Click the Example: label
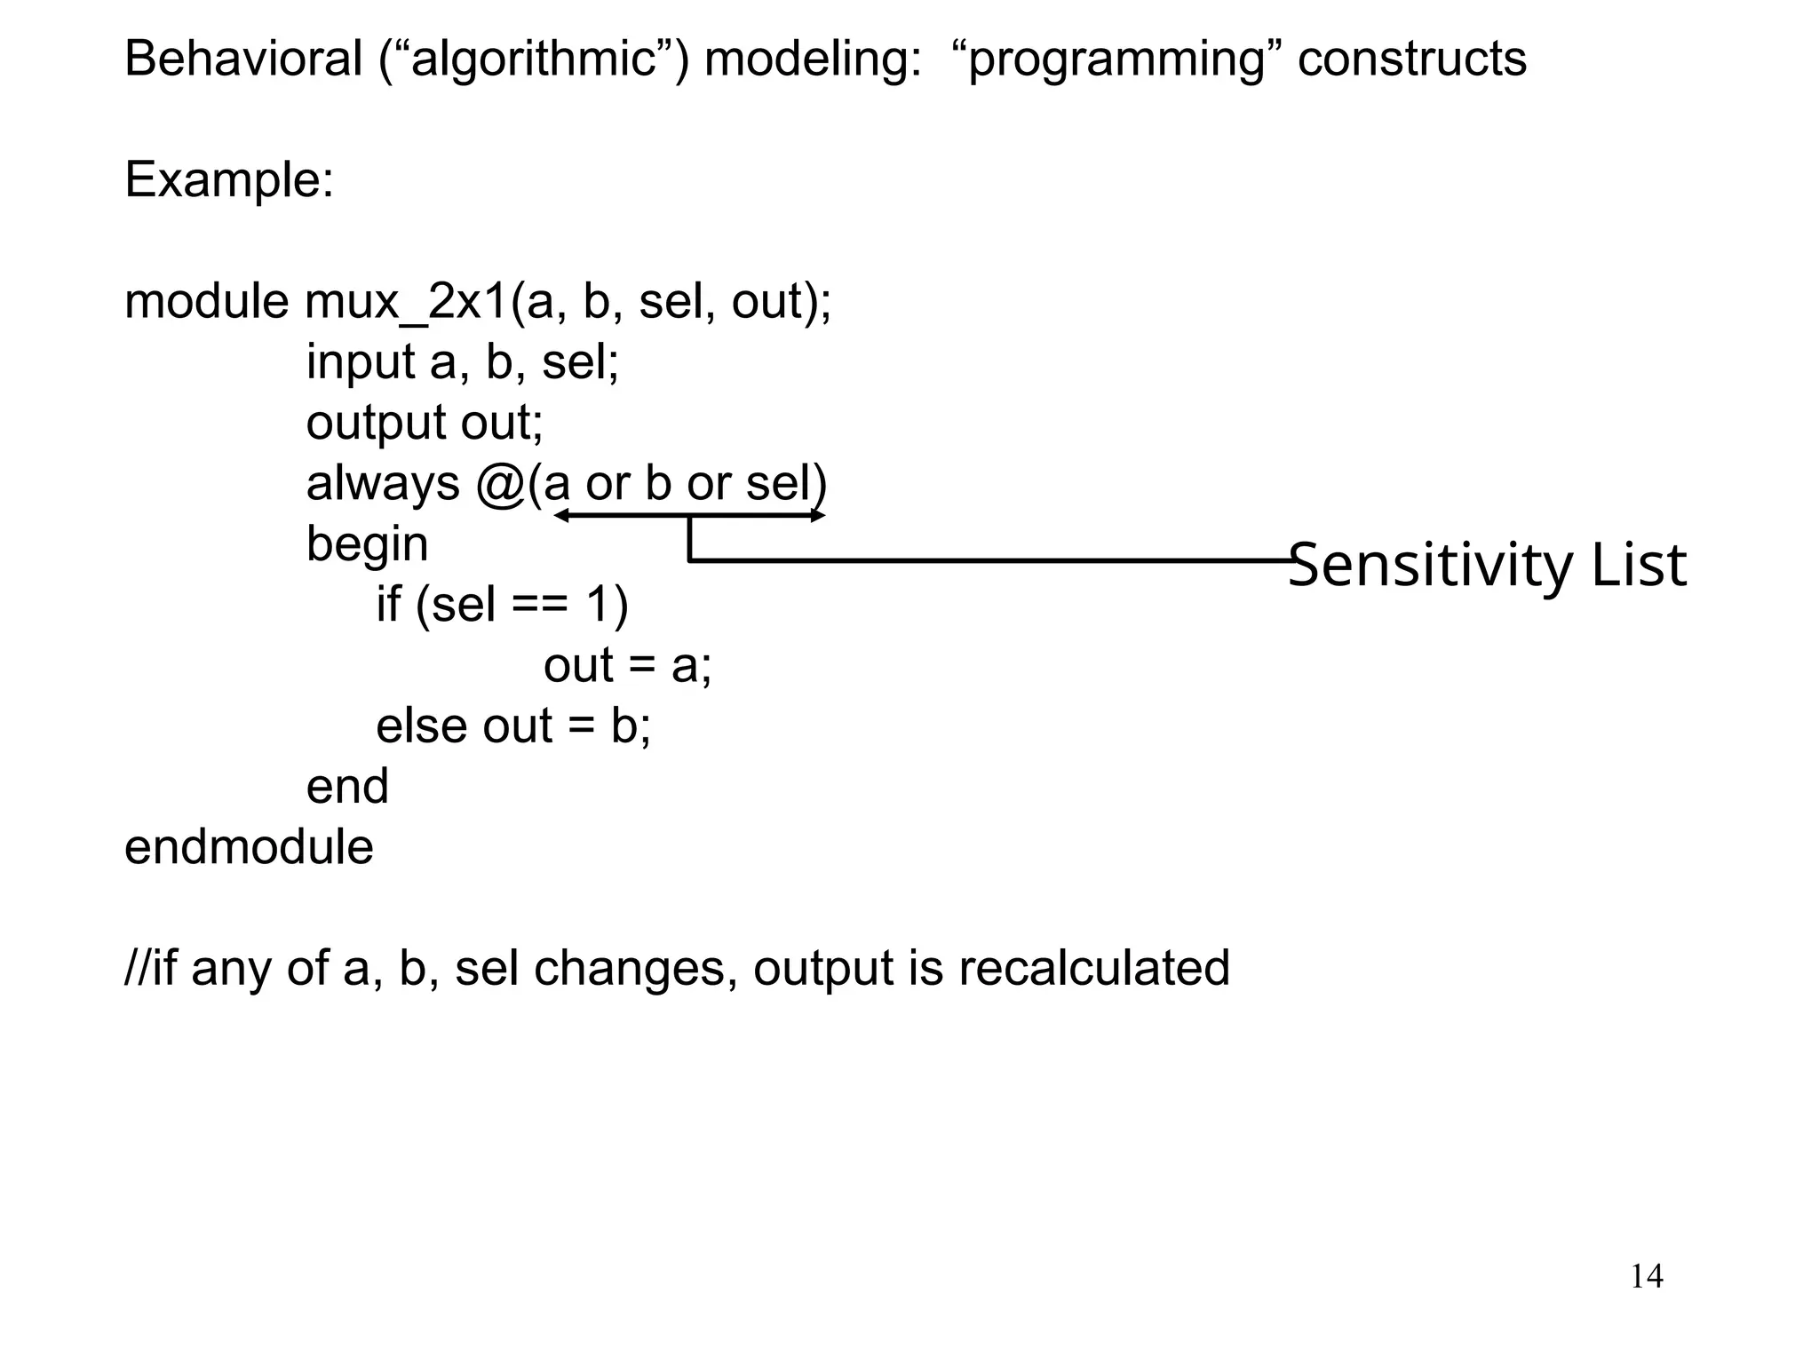[229, 180]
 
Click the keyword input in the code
[361, 363]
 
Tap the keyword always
[383, 484]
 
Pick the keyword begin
[367, 545]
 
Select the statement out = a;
[627, 665]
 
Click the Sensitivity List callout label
[1486, 565]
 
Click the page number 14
[1647, 1276]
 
